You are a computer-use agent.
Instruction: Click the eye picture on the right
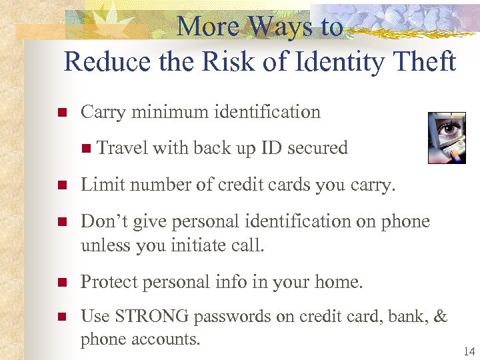(x=446, y=137)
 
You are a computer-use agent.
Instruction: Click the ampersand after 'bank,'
(x=440, y=317)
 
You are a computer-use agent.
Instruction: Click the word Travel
(x=123, y=147)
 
